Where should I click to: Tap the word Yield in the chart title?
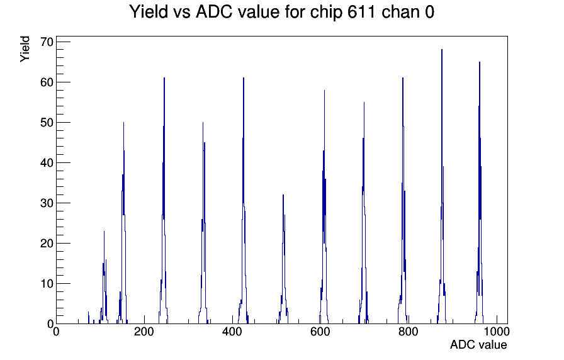pos(149,12)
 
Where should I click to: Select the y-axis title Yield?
pos(25,49)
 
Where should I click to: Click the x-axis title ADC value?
pos(478,344)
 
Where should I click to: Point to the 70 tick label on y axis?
pos(47,42)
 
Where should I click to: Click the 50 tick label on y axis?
pos(47,123)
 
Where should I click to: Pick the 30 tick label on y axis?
pos(47,203)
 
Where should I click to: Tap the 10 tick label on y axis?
pos(47,284)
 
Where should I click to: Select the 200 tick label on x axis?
pos(144,331)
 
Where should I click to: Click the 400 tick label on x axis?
pos(232,331)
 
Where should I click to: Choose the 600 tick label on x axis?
pos(320,331)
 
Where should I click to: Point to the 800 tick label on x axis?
pos(409,331)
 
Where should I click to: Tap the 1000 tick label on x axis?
pos(497,331)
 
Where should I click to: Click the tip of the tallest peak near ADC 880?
pos(442,50)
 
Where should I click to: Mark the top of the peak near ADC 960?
pos(480,62)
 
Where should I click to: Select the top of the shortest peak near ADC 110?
pos(104,231)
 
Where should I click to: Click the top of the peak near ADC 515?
pos(283,195)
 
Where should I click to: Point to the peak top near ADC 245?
pos(164,77)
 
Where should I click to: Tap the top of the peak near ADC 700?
pos(364,103)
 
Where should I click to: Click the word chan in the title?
pos(400,12)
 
